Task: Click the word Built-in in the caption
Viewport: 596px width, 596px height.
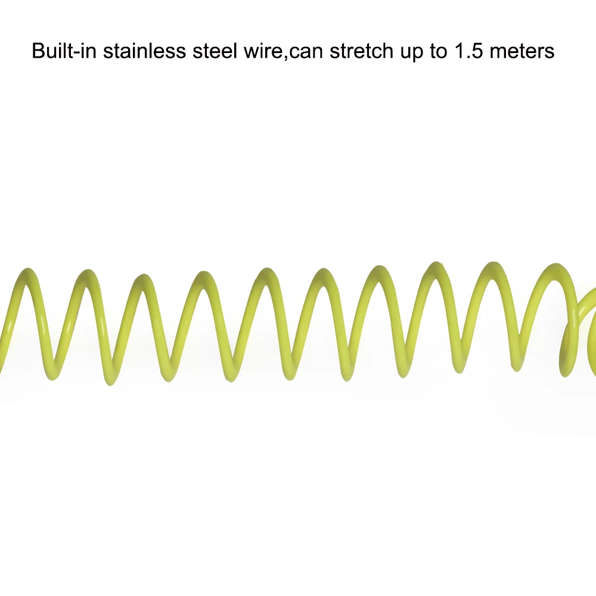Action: pyautogui.click(x=64, y=51)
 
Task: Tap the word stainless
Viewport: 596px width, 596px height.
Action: pyautogui.click(x=144, y=51)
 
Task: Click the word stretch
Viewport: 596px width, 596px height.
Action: pyautogui.click(x=362, y=51)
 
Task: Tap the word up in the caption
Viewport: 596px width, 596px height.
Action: pyautogui.click(x=412, y=53)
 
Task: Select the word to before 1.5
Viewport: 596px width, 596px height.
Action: pyautogui.click(x=439, y=51)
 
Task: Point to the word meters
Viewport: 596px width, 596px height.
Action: pyautogui.click(x=522, y=51)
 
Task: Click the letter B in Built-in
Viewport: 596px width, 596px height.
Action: pyautogui.click(x=39, y=51)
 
